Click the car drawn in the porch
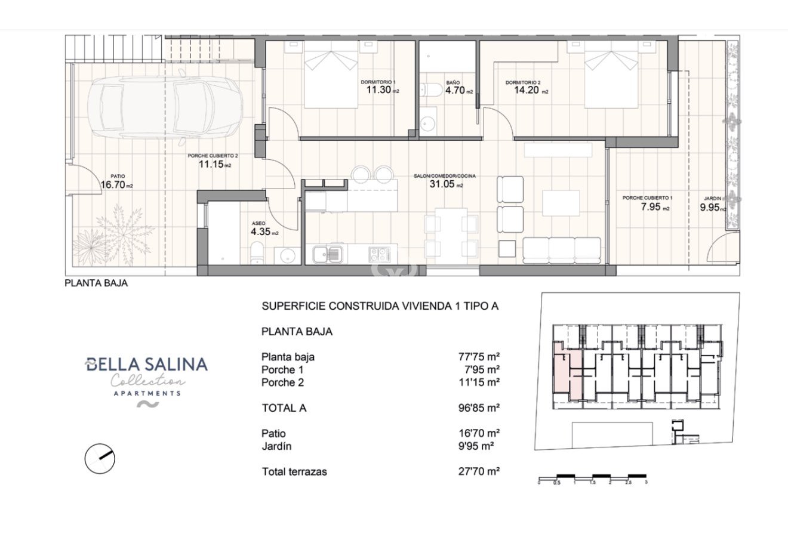pos(165,107)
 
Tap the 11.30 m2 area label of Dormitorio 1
pos(383,90)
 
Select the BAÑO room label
pos(453,82)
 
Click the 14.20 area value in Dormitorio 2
pos(527,90)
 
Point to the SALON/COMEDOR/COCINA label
pos(445,176)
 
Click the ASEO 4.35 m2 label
pos(264,229)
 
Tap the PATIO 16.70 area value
pos(113,184)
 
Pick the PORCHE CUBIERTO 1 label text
pos(647,198)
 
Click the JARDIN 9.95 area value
pos(710,208)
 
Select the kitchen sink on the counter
pos(328,254)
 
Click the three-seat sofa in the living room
pos(561,251)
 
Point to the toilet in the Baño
pos(432,90)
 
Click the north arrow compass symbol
pos(100,458)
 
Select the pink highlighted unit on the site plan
pos(568,377)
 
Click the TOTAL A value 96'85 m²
pos(479,408)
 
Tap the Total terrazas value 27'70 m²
pos(479,471)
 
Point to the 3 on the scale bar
pos(647,482)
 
